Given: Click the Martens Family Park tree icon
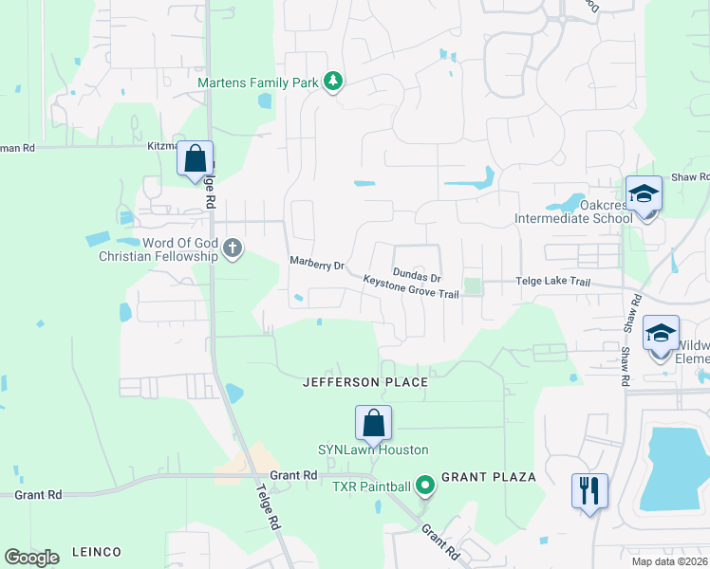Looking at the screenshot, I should pos(332,83).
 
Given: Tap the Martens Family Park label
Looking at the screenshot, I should pos(257,83).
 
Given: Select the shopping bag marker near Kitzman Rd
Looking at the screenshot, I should pos(196,159).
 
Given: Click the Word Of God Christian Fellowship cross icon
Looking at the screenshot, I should pos(233,250).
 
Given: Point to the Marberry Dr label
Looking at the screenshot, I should pos(316,265).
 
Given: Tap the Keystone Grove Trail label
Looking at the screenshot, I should pos(411,287).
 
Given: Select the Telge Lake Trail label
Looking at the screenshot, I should pos(552,282).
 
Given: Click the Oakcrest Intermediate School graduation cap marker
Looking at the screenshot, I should pos(644,195).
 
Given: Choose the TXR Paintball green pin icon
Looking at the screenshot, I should pos(425,486).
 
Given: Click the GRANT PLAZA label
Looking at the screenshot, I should pos(489,475).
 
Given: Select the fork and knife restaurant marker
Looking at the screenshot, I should pos(589,491).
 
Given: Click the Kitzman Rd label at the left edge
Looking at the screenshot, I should pos(17,148).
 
